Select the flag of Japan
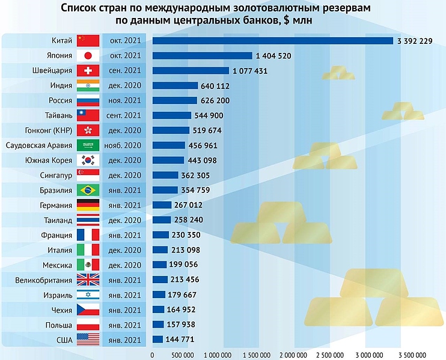[x=88, y=56]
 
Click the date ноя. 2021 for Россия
[x=125, y=100]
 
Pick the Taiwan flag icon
[x=88, y=115]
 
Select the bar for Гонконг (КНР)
[x=171, y=130]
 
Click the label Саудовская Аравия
[x=38, y=145]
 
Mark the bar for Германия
[x=162, y=205]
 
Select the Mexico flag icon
[x=88, y=265]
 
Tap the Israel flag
[x=88, y=295]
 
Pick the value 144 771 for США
[x=183, y=340]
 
